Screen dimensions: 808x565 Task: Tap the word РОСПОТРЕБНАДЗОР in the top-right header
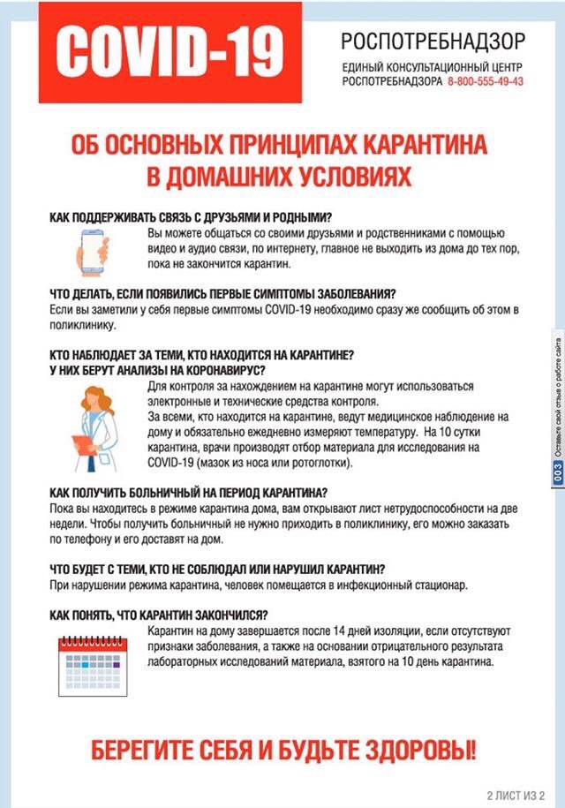click(433, 42)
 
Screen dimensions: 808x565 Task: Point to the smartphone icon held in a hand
click(94, 249)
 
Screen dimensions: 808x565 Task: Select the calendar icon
click(96, 654)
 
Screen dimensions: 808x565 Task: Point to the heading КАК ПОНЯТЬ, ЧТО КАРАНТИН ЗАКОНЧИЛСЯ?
click(159, 615)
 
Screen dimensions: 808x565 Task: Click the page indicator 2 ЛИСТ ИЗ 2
click(516, 792)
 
